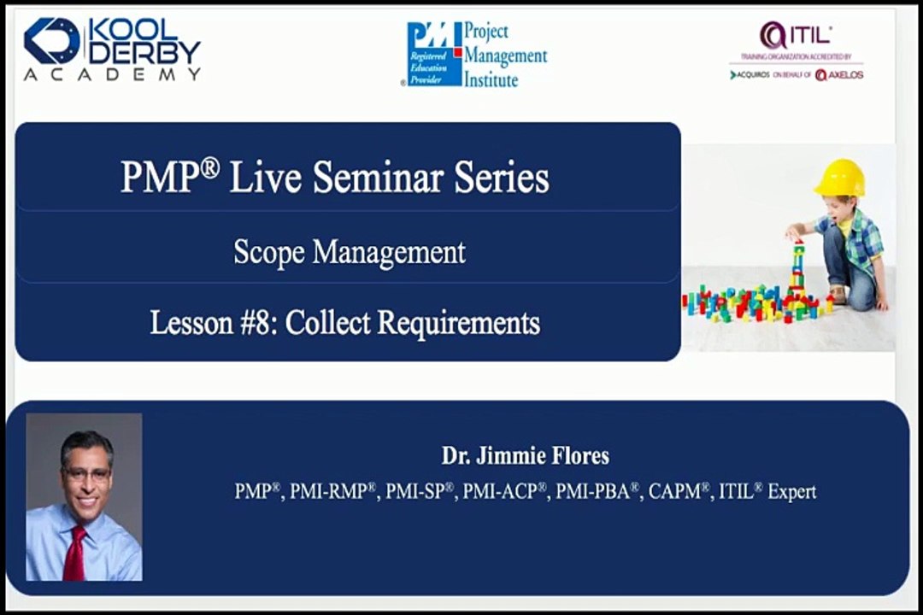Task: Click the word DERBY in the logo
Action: coord(145,53)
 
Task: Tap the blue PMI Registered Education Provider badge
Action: coord(432,55)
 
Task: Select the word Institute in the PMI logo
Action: coord(491,79)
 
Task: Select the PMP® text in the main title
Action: coord(169,177)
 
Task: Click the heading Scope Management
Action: coord(350,252)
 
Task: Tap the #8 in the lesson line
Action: coord(262,323)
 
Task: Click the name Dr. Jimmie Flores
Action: coord(525,456)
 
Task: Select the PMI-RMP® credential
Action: coord(333,492)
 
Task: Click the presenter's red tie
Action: coord(77,553)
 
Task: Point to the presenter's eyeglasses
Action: coord(85,473)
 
